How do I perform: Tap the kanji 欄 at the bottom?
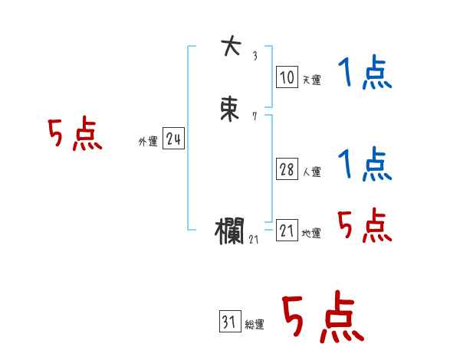pyautogui.click(x=231, y=230)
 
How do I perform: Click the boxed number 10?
pyautogui.click(x=286, y=77)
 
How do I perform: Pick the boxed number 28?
pyautogui.click(x=287, y=169)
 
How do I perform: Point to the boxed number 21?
pyautogui.click(x=287, y=231)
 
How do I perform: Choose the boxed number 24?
pyautogui.click(x=173, y=139)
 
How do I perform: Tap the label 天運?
pyautogui.click(x=311, y=80)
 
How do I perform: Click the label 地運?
pyautogui.click(x=311, y=234)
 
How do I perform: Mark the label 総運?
pyautogui.click(x=255, y=326)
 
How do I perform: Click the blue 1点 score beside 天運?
pyautogui.click(x=365, y=74)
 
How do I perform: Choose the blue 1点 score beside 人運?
pyautogui.click(x=365, y=165)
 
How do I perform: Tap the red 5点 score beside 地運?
pyautogui.click(x=365, y=226)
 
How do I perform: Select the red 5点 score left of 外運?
pyautogui.click(x=74, y=135)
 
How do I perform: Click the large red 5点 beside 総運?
pyautogui.click(x=323, y=318)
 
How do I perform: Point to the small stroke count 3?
pyautogui.click(x=255, y=56)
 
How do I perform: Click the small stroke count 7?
pyautogui.click(x=255, y=116)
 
